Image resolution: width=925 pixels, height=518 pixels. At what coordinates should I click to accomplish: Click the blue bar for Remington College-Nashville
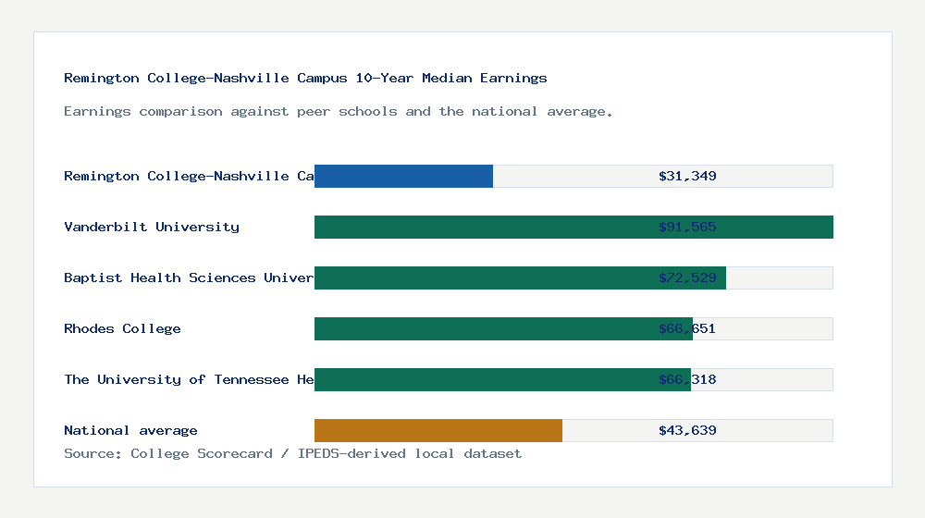tap(403, 176)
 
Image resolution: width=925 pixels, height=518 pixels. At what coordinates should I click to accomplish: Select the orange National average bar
tap(438, 430)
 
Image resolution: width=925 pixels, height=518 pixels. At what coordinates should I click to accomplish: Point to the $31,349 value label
tap(687, 176)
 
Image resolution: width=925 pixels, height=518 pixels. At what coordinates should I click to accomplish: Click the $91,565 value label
tap(687, 227)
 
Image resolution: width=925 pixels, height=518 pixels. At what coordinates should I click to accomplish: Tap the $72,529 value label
tap(687, 277)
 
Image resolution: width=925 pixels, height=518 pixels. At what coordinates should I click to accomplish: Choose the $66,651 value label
tap(687, 328)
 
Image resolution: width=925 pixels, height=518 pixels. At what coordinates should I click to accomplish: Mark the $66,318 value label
tap(687, 379)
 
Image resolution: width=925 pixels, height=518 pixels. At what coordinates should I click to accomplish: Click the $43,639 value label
tap(687, 430)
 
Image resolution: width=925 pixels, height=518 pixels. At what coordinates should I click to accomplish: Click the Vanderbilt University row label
tap(152, 227)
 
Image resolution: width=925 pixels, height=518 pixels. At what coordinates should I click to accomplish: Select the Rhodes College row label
tap(122, 328)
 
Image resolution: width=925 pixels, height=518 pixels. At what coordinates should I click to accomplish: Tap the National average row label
tap(130, 430)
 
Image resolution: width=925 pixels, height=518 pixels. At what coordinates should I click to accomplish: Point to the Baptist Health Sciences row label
tap(189, 277)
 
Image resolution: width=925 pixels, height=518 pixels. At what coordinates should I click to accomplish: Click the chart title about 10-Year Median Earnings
tap(305, 78)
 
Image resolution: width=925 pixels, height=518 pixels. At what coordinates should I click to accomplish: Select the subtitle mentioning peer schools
tap(339, 111)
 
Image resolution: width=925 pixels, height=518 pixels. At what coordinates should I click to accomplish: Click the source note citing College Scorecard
tap(292, 453)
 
